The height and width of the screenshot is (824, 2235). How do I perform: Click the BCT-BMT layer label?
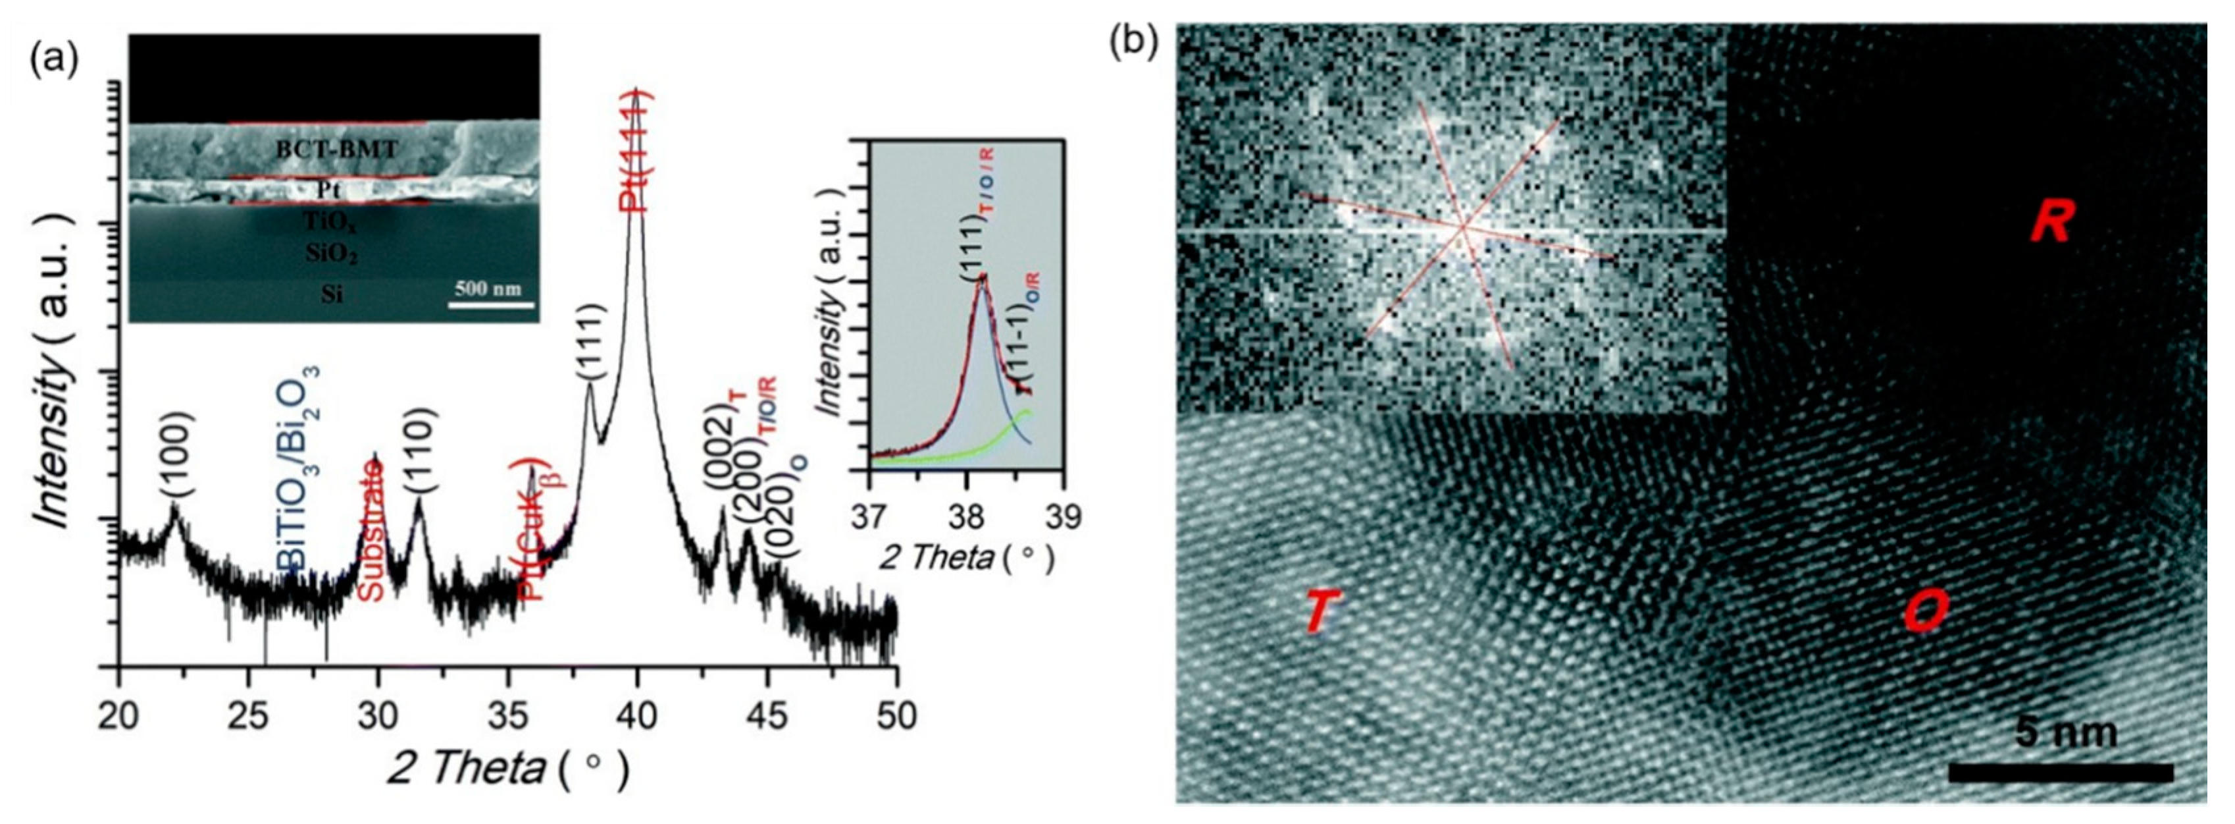(337, 150)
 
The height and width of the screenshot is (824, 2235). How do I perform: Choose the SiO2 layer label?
(332, 254)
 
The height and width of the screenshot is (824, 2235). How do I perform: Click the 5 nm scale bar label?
(2067, 733)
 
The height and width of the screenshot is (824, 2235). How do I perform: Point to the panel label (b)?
(1134, 43)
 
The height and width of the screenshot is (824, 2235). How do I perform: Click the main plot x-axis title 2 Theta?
(466, 767)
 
